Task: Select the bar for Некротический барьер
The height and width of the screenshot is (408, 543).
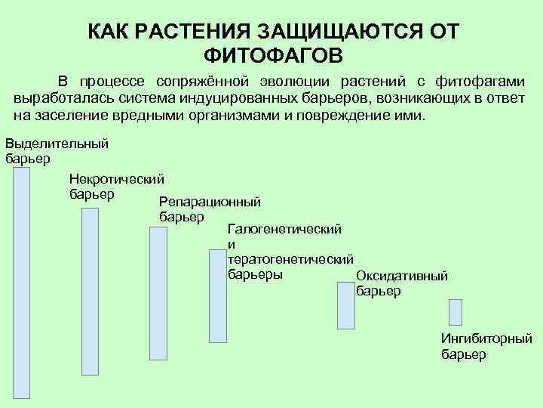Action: click(90, 291)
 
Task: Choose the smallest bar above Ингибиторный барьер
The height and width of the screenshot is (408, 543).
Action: click(455, 311)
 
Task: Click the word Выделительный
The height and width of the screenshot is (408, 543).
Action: click(57, 144)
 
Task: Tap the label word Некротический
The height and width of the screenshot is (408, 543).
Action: click(116, 179)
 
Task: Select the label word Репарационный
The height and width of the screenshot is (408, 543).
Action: click(210, 202)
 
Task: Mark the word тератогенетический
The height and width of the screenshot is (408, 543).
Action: click(290, 259)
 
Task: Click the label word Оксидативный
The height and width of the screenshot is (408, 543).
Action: click(402, 276)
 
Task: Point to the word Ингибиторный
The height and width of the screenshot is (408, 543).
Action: click(486, 339)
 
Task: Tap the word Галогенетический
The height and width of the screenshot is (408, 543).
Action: click(284, 227)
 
